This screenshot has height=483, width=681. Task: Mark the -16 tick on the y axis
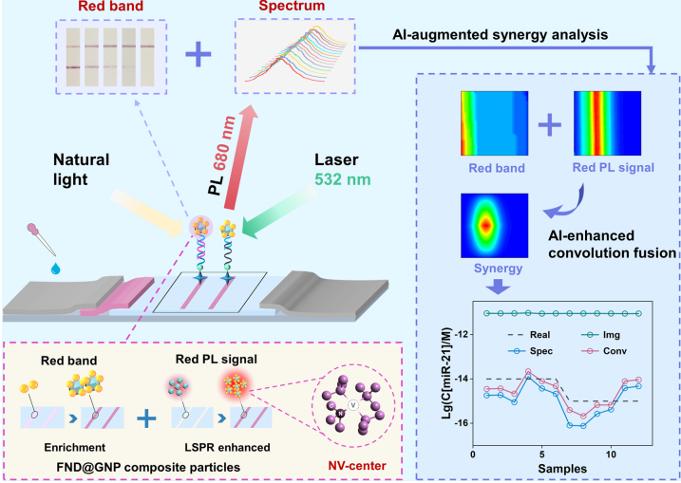[461, 423]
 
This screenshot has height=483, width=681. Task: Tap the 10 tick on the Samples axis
[612, 453]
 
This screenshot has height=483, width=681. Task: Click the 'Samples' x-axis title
[556, 467]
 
